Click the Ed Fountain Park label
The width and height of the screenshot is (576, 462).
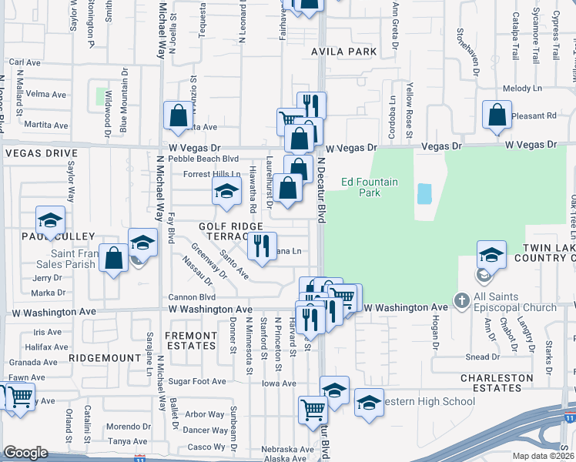370,187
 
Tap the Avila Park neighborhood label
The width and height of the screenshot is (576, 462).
344,52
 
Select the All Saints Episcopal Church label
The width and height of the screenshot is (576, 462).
514,302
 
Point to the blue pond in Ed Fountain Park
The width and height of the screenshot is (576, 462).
424,193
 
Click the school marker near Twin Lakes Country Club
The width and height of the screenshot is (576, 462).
491,253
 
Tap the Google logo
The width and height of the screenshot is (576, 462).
25,453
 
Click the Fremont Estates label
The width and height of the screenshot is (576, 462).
190,340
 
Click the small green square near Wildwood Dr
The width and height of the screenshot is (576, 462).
101,97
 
